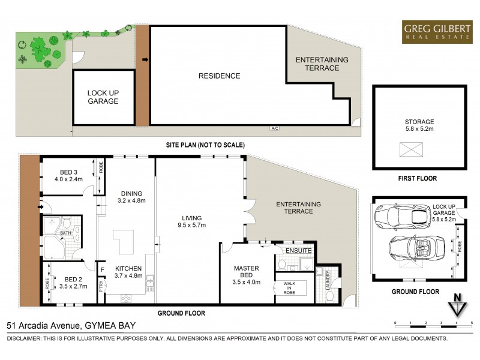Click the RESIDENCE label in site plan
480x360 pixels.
(x=220, y=76)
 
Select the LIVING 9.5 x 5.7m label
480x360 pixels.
(x=193, y=222)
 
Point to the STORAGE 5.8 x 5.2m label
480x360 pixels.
(x=419, y=125)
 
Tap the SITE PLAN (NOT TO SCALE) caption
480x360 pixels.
(x=206, y=145)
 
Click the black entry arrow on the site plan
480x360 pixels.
(x=144, y=59)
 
